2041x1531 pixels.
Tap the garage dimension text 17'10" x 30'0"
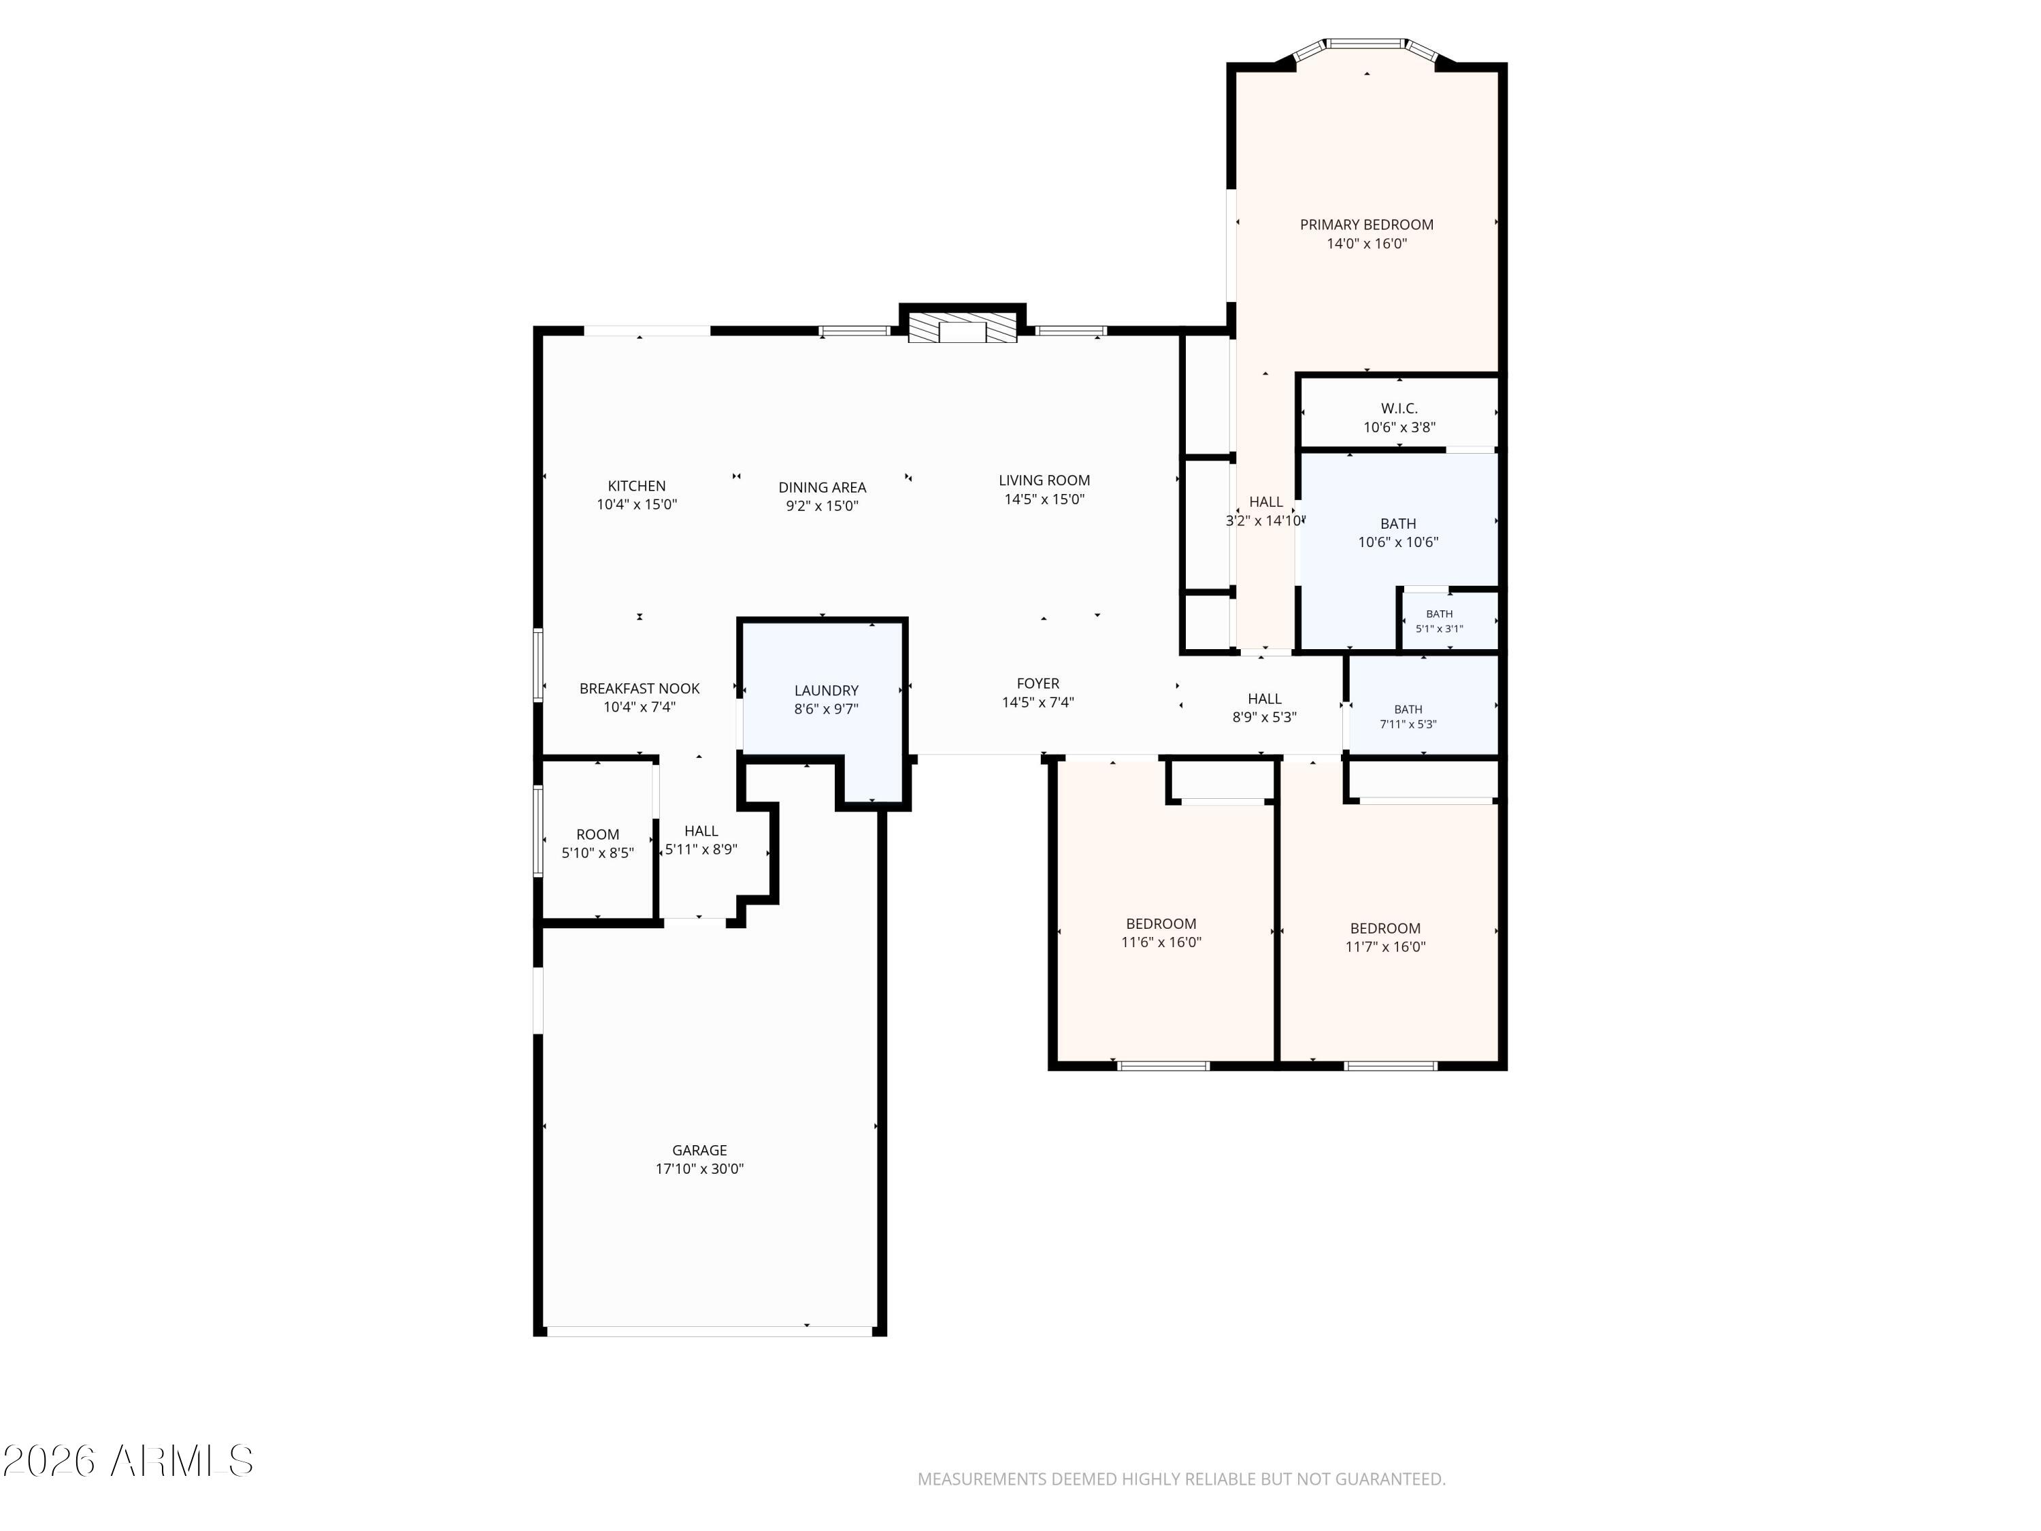click(x=699, y=1168)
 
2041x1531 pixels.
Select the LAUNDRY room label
click(x=826, y=690)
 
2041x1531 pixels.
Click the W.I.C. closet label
click(x=1399, y=408)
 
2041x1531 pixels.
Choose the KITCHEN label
click(x=637, y=485)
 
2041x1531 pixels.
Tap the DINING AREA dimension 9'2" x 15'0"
click(x=822, y=506)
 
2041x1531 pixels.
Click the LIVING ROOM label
click(x=1044, y=480)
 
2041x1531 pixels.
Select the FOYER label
click(x=1038, y=683)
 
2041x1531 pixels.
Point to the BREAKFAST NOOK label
click(x=640, y=689)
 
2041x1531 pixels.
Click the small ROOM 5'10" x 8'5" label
click(x=598, y=844)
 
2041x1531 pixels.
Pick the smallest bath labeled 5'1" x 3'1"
click(x=1440, y=621)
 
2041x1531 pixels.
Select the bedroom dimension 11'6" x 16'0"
click(x=1161, y=942)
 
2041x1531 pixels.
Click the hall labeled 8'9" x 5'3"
click(x=1264, y=708)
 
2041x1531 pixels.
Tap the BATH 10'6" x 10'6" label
click(x=1398, y=533)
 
